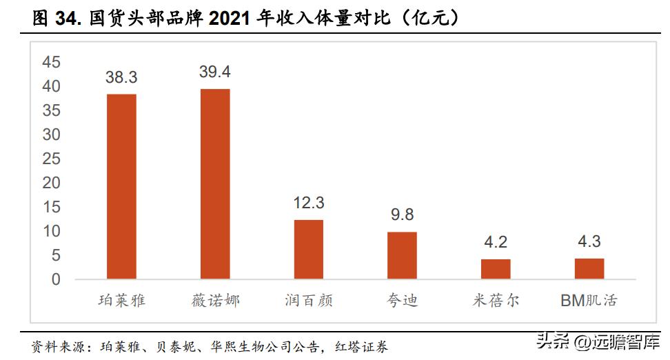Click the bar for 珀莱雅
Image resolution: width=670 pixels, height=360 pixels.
pyautogui.click(x=121, y=186)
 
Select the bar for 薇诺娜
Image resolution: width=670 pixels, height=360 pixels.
pyautogui.click(x=215, y=184)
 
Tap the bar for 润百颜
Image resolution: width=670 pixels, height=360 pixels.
pyautogui.click(x=308, y=249)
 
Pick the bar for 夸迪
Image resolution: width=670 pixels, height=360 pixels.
pyautogui.click(x=402, y=255)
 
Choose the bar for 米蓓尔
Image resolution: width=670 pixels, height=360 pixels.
pyautogui.click(x=496, y=269)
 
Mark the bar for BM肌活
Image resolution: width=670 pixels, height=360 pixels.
pyautogui.click(x=589, y=268)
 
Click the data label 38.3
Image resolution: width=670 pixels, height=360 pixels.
pyautogui.click(x=121, y=77)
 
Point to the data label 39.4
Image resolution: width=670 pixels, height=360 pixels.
pyautogui.click(x=215, y=72)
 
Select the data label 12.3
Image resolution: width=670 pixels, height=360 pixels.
pyautogui.click(x=308, y=203)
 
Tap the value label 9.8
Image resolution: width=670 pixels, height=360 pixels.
pyautogui.click(x=402, y=214)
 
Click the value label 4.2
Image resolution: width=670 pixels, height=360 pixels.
pyautogui.click(x=496, y=242)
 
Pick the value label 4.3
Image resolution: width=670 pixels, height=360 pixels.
pyautogui.click(x=589, y=241)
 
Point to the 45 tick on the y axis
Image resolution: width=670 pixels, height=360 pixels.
pyautogui.click(x=52, y=63)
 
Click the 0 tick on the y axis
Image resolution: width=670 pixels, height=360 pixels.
pyautogui.click(x=57, y=280)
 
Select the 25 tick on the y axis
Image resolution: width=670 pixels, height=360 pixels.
pyautogui.click(x=52, y=159)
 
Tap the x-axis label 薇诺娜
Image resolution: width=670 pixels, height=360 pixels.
pyautogui.click(x=215, y=301)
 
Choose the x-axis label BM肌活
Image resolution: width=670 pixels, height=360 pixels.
pyautogui.click(x=589, y=301)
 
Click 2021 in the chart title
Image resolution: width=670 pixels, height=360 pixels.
pyautogui.click(x=232, y=19)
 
